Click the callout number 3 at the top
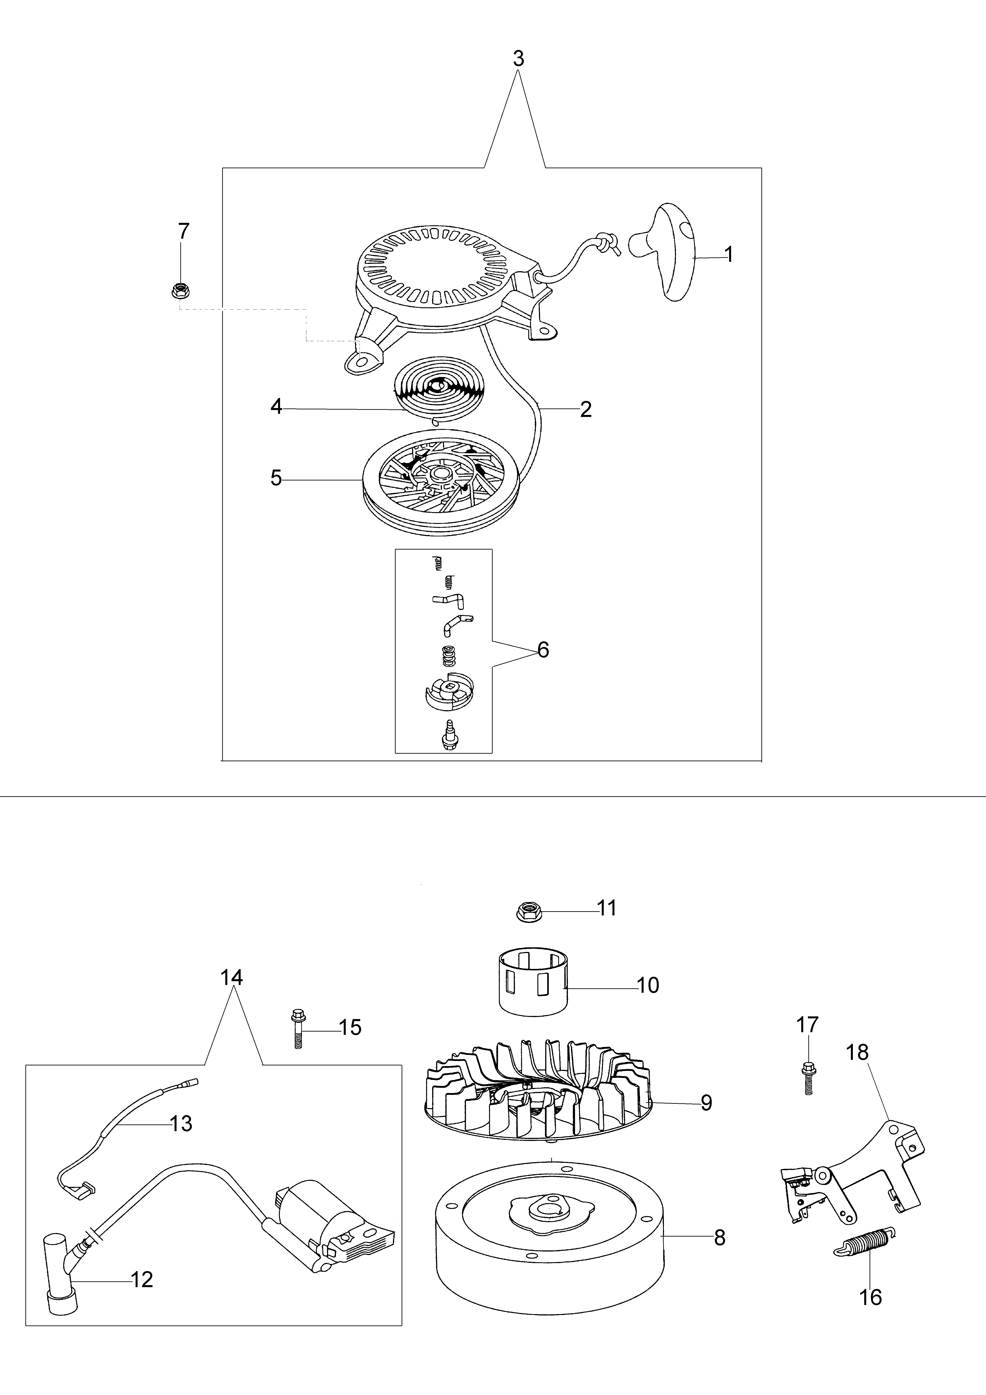[518, 59]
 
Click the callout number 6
[543, 650]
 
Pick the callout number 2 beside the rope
[585, 409]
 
